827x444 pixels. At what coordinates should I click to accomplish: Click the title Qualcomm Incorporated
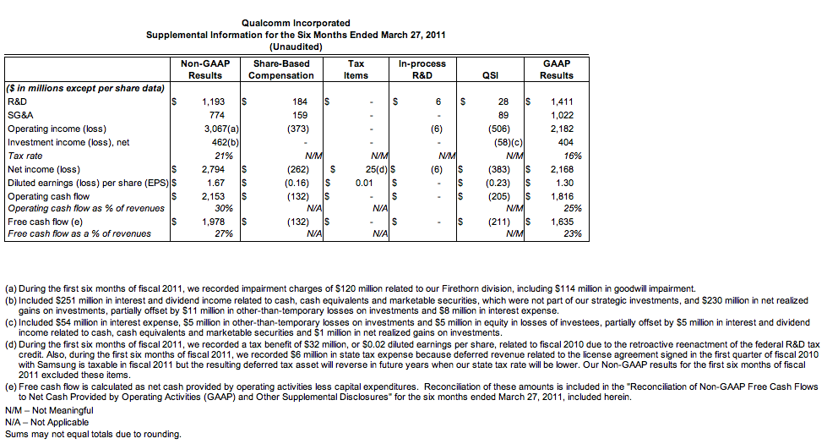tap(295, 23)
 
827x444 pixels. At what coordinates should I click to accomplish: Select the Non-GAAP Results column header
tap(205, 69)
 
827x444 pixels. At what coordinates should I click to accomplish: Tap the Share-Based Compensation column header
tap(280, 69)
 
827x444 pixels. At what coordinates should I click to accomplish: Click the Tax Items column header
tap(356, 69)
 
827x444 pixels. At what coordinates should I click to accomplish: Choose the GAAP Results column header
tap(557, 69)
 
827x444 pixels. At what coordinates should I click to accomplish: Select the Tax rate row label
tap(24, 156)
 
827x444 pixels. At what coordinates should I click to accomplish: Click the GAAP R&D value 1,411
tap(562, 101)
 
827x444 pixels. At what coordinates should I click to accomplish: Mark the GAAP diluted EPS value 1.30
tap(564, 183)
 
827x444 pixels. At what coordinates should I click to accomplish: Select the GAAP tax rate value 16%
tap(572, 156)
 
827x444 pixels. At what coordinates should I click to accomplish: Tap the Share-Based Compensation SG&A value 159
tap(300, 115)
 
